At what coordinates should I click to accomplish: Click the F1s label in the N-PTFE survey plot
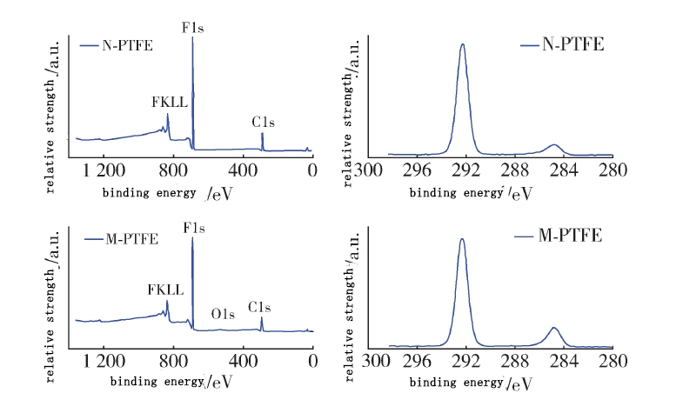(x=193, y=28)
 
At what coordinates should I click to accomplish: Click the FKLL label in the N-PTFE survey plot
(x=169, y=103)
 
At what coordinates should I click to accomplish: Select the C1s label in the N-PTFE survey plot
(x=264, y=123)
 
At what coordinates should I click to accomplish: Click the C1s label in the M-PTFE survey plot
(x=260, y=307)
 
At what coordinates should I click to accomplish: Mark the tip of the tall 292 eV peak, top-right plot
(x=463, y=44)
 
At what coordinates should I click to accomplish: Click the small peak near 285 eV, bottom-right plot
(x=553, y=328)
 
